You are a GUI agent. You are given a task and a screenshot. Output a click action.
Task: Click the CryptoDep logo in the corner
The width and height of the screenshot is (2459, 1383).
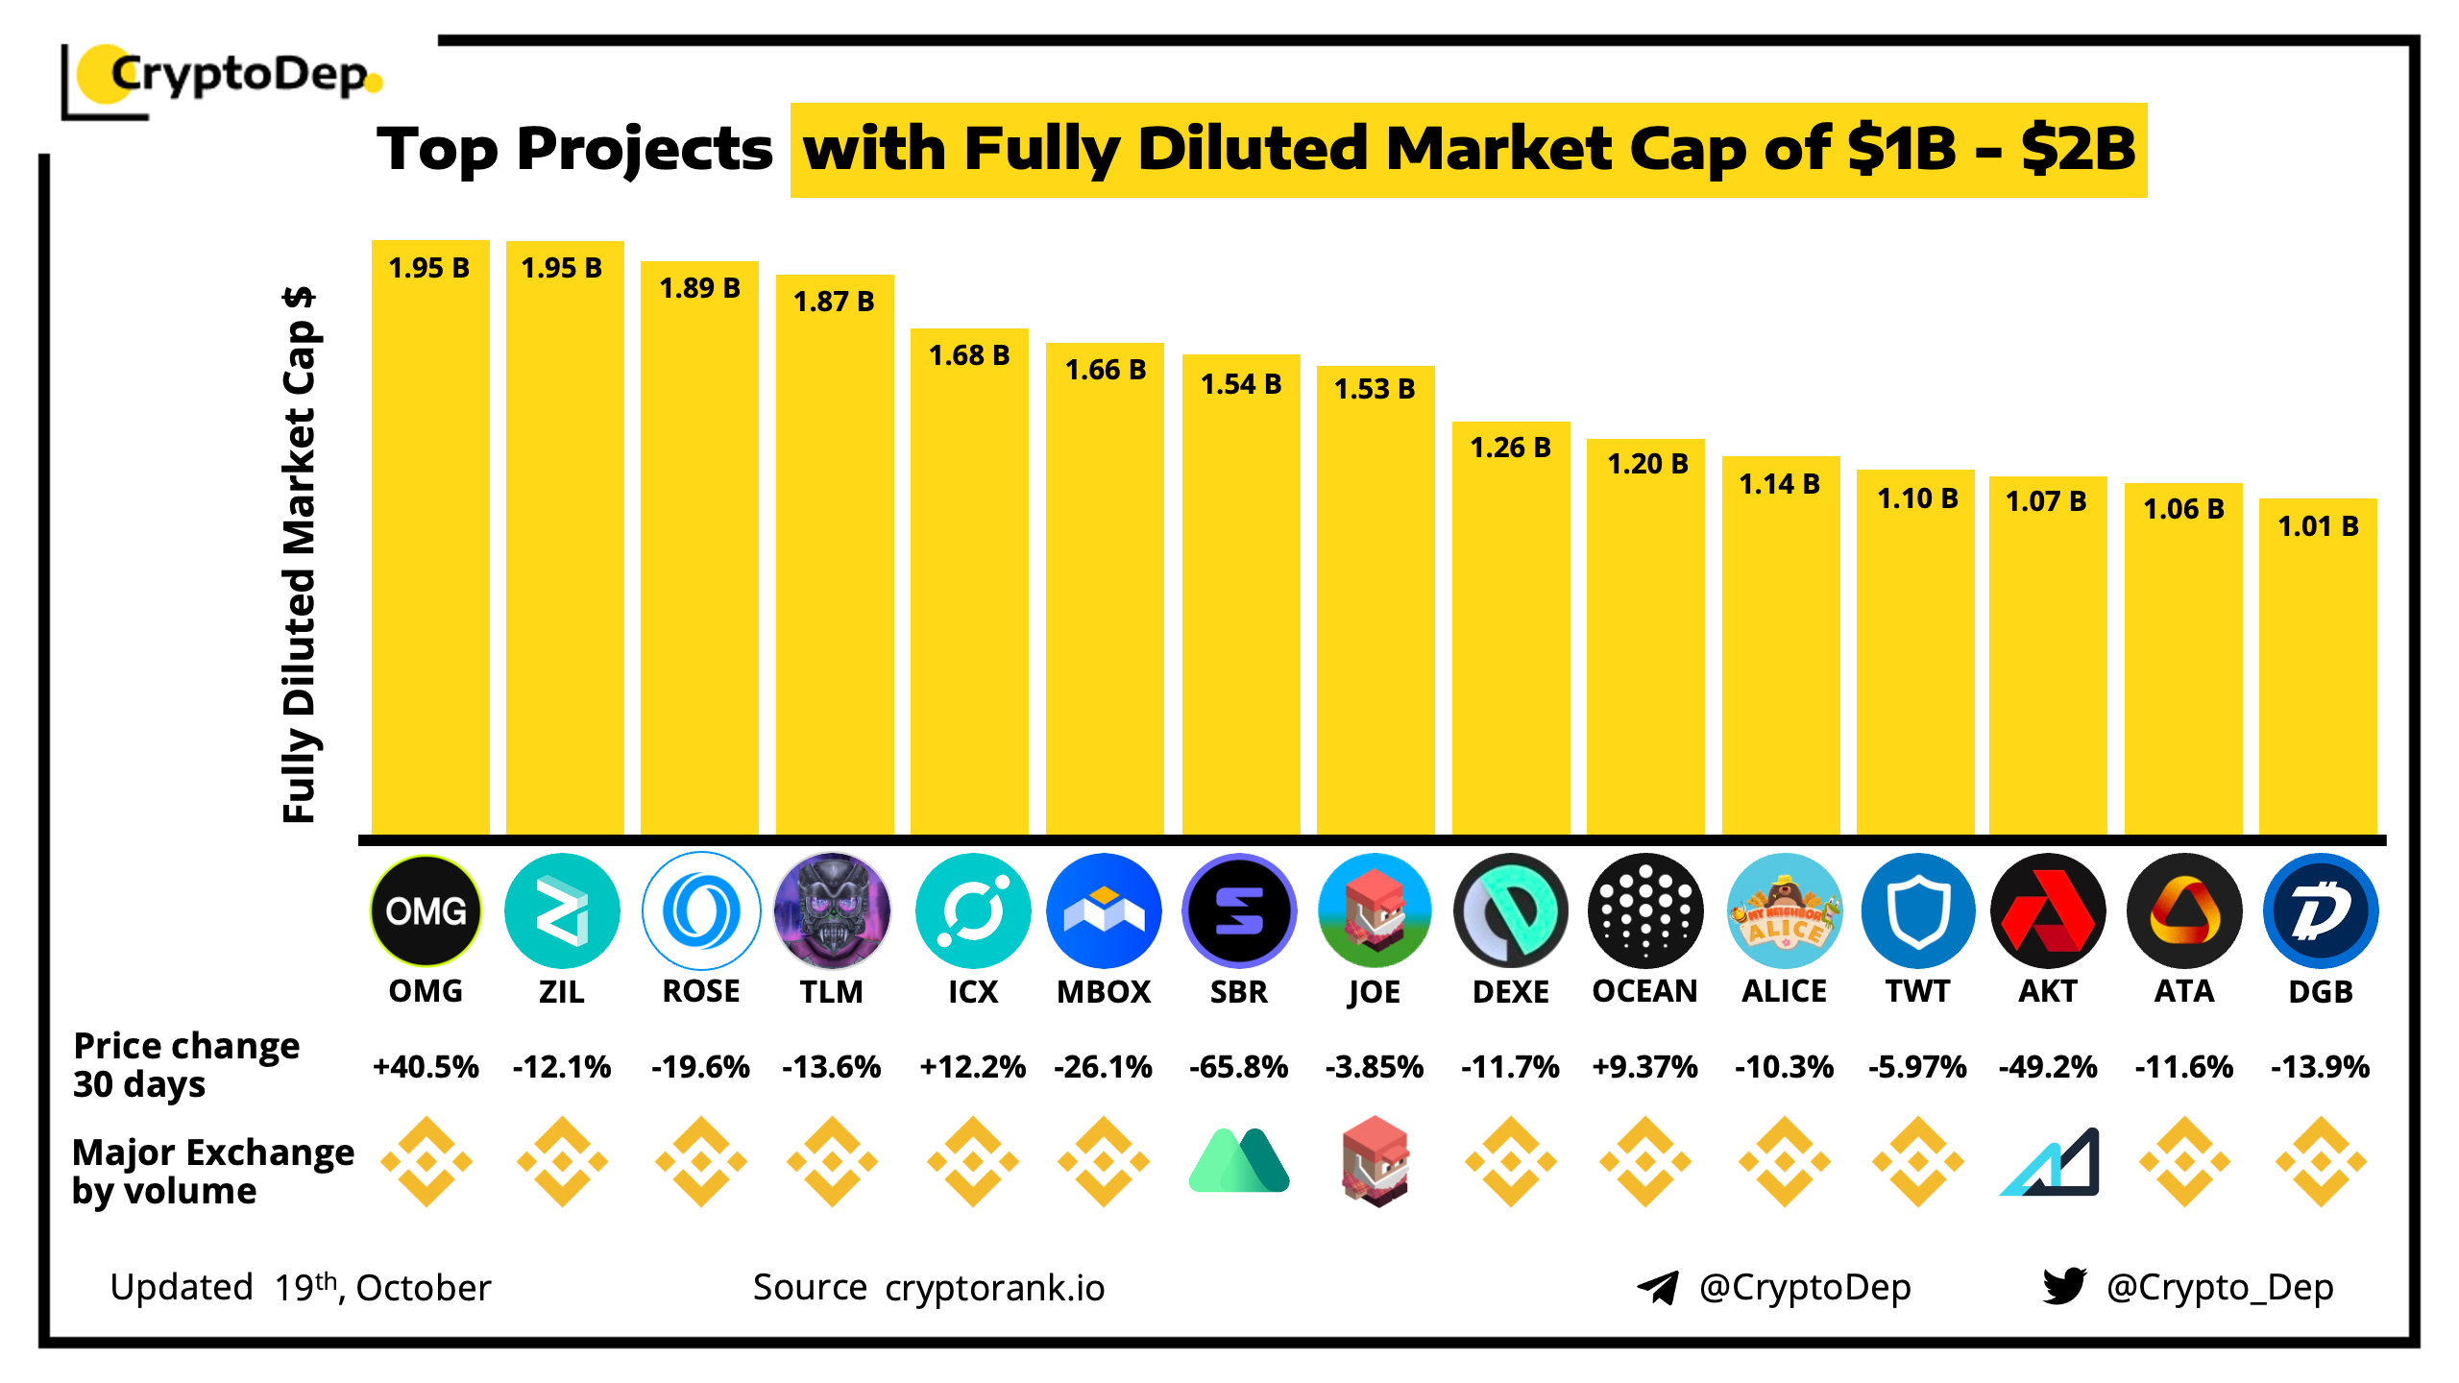click(226, 77)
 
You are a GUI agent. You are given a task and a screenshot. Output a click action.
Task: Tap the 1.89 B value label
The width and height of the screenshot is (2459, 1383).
click(699, 288)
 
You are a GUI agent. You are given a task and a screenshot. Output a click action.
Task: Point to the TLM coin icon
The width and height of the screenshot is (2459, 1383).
click(832, 910)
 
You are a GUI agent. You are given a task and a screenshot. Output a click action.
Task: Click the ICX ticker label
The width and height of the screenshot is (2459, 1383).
click(972, 991)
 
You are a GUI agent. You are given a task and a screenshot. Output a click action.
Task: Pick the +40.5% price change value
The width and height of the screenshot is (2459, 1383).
click(426, 1067)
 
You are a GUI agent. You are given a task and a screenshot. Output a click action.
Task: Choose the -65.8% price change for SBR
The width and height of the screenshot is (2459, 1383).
click(1238, 1067)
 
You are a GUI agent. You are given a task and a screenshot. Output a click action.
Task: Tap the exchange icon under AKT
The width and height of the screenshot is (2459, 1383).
click(2049, 1162)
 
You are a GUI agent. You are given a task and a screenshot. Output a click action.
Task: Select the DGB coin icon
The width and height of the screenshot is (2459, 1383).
click(2321, 910)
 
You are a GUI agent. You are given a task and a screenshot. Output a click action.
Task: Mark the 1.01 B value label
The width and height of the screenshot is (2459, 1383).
click(2318, 526)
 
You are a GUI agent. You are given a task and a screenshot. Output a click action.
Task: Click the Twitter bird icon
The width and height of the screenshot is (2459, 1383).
click(2064, 1286)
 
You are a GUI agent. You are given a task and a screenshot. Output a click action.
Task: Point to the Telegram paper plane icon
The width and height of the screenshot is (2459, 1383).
click(1658, 1287)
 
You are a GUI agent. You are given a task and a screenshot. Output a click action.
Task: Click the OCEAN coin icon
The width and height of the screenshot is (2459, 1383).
click(1645, 910)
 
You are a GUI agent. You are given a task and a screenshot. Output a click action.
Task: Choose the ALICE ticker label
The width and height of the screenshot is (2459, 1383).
click(1784, 991)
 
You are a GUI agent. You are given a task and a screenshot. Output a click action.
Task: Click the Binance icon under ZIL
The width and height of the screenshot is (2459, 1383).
click(562, 1162)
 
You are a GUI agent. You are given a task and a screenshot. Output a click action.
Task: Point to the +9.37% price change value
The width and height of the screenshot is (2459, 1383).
click(1644, 1067)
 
